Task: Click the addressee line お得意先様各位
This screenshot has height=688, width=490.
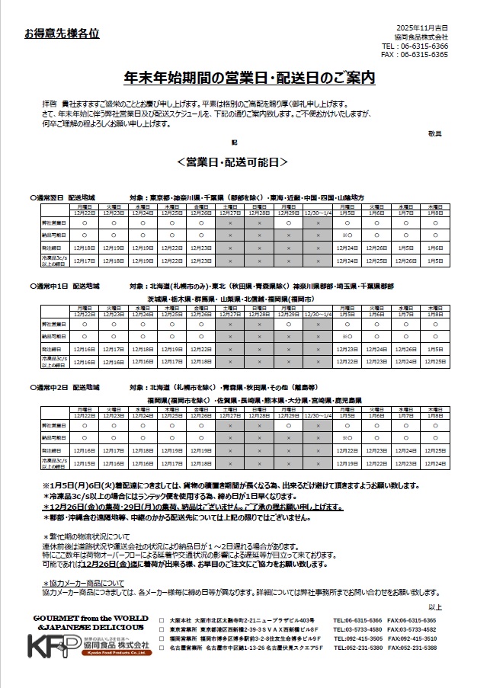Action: (62, 34)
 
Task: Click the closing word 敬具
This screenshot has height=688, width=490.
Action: (434, 133)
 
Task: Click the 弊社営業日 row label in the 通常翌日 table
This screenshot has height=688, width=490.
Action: (53, 224)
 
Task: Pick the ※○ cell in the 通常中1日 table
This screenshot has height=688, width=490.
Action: (347, 336)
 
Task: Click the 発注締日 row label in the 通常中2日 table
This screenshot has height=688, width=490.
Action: (53, 450)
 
